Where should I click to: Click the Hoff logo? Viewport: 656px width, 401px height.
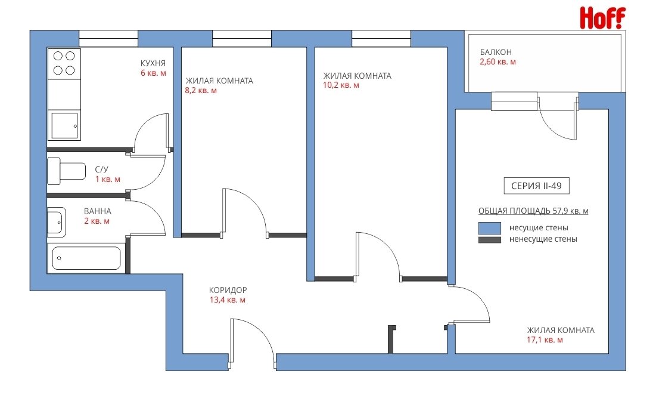602,18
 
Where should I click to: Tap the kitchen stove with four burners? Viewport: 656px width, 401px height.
64,64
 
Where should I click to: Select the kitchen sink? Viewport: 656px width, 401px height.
64,126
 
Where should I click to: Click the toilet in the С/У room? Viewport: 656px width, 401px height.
67,171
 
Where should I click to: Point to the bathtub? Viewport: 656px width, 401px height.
86,258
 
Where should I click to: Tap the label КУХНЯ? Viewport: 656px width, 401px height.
153,63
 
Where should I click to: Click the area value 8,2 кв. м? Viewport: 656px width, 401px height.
201,91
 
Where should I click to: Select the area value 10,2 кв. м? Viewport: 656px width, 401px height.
341,85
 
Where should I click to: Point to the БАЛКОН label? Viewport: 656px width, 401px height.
496,53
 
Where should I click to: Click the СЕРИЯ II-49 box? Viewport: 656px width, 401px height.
536,186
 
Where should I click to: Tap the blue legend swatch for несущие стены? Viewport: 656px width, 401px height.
490,228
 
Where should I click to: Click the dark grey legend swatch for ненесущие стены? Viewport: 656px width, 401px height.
490,240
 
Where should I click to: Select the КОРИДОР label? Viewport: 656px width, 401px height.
228,290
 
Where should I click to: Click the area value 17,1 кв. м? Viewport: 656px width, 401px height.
545,340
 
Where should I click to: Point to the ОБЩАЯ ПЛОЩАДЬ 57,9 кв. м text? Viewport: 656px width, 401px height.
533,211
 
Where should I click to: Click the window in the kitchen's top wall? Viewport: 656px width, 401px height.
108,39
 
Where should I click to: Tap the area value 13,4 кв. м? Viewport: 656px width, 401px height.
228,300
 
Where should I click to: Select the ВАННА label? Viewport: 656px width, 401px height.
98,212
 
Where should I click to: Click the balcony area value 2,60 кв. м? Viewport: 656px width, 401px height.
498,62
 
